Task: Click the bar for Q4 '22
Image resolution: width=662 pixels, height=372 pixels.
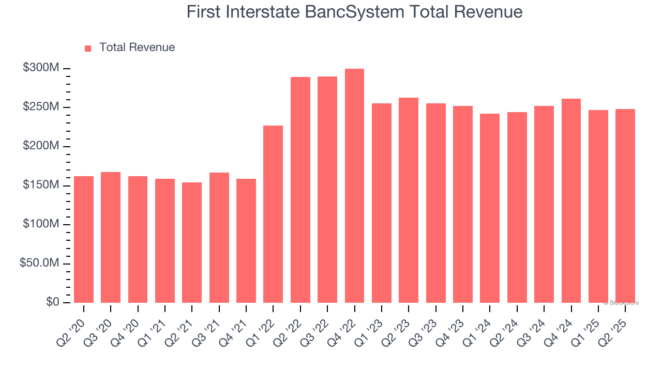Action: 354,186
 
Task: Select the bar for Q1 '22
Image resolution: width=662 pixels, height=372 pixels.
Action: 273,214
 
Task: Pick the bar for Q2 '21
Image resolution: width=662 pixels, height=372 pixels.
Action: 192,242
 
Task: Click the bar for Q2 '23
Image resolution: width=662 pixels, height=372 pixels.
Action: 409,200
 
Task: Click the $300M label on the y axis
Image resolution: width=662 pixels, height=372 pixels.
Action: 41,68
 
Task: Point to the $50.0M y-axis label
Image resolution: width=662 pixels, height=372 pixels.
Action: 39,263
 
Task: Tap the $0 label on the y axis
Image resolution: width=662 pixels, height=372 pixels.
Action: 52,302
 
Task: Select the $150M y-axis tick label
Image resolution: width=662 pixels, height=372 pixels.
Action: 41,185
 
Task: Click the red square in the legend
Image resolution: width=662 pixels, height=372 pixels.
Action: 88,48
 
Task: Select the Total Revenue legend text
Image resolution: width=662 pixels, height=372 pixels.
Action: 137,48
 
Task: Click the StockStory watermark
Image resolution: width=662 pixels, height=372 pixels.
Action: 621,303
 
